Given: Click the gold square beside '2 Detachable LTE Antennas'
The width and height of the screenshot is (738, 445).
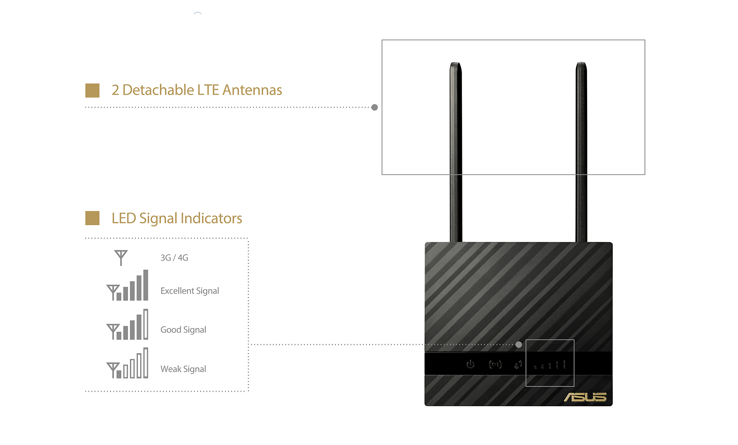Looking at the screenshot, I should click(x=92, y=90).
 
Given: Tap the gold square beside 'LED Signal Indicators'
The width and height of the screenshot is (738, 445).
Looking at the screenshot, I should click(x=92, y=218).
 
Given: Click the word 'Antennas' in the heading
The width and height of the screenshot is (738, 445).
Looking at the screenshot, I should click(x=252, y=90).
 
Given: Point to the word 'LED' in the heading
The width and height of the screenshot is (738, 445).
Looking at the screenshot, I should click(x=124, y=218).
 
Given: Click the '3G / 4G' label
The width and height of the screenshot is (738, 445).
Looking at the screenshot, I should click(x=174, y=258).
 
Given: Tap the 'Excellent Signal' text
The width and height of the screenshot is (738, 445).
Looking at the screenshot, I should click(x=190, y=291).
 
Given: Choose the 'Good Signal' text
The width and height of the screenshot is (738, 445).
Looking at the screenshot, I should click(x=183, y=330).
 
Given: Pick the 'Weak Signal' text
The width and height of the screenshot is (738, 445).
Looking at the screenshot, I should click(x=183, y=369).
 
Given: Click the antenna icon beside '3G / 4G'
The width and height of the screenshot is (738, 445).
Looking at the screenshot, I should click(x=121, y=257).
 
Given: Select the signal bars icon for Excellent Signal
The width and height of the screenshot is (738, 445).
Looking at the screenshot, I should click(x=128, y=286).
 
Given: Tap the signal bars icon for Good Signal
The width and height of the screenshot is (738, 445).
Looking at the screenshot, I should click(x=128, y=325).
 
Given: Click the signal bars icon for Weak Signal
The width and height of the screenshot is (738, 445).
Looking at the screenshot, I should click(x=128, y=364).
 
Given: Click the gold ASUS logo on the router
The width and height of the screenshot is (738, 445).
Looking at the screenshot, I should click(x=585, y=397).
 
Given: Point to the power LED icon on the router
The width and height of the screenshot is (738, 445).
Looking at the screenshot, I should click(x=470, y=364).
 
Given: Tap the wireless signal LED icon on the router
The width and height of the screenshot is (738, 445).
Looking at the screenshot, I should click(x=495, y=365).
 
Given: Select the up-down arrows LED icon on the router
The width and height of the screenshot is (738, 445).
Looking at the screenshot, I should click(x=518, y=365).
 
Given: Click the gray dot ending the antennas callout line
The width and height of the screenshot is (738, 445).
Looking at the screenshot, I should click(x=375, y=107).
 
